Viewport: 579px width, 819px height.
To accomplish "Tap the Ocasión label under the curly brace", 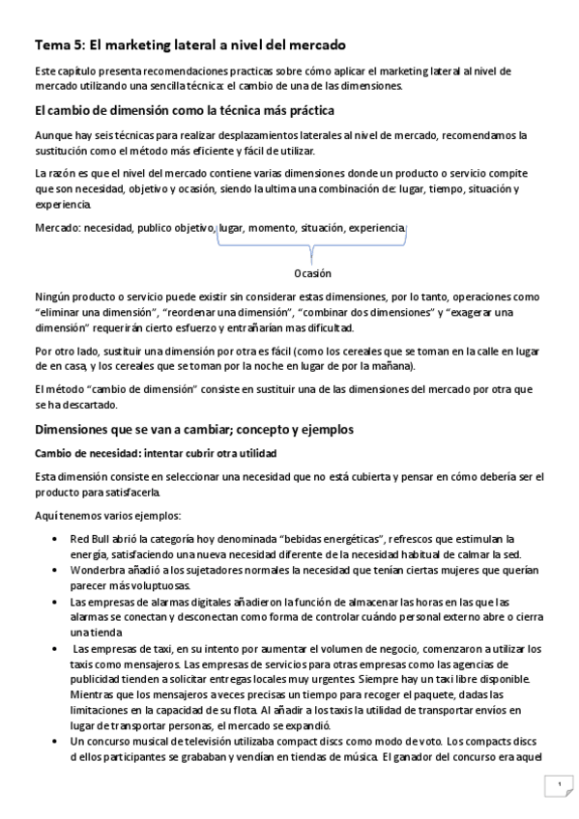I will [x=312, y=273].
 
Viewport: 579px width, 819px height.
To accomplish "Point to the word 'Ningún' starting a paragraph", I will [x=53, y=298].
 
